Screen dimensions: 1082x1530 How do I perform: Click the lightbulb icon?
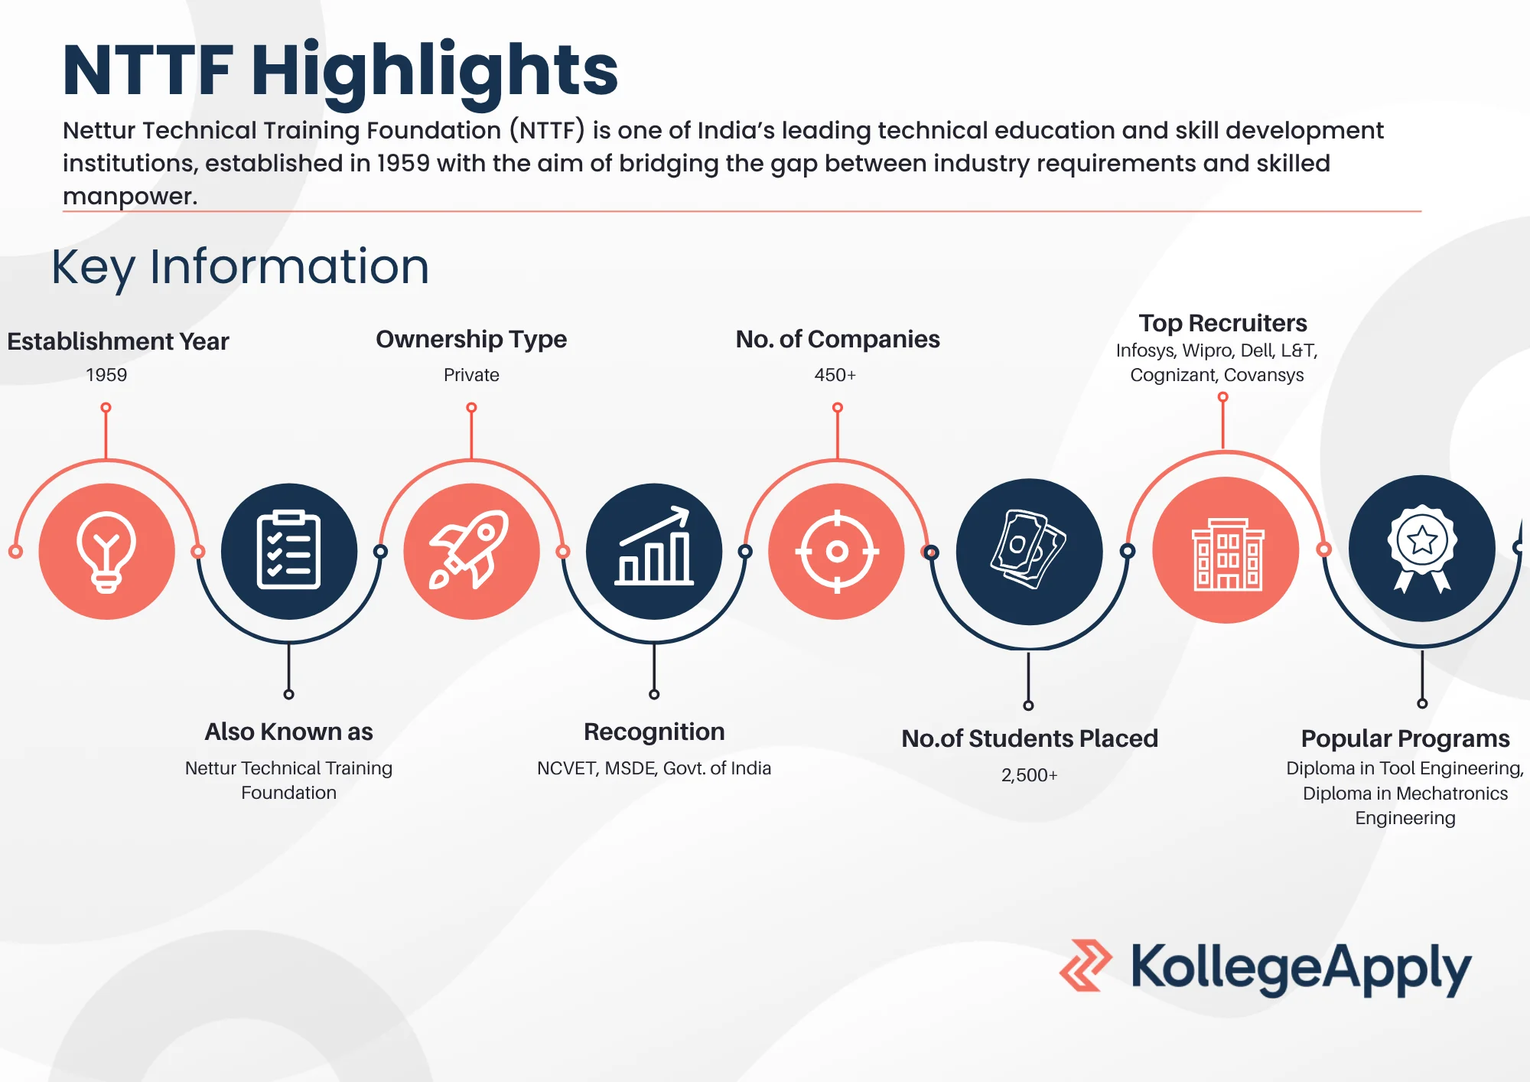pyautogui.click(x=106, y=551)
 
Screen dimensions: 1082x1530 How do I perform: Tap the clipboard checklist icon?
pyautogui.click(x=288, y=550)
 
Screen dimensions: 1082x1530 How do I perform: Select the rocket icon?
pyautogui.click(x=471, y=550)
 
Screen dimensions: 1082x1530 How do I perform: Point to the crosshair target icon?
pyautogui.click(x=837, y=551)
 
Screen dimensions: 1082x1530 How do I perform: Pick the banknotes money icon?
pyautogui.click(x=1029, y=550)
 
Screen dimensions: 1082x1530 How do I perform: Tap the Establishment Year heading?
pyautogui.click(x=118, y=341)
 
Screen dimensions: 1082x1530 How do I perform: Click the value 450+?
pyautogui.click(x=835, y=375)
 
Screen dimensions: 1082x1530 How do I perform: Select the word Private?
pyautogui.click(x=471, y=375)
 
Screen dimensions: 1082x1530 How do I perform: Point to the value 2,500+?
pyautogui.click(x=1029, y=775)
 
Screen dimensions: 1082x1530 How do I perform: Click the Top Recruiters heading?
pyautogui.click(x=1222, y=323)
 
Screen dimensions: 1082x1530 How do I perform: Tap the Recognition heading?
pyautogui.click(x=654, y=732)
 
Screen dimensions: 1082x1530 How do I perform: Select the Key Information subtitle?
pyautogui.click(x=240, y=267)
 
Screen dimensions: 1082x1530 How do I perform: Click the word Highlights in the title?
pyautogui.click(x=434, y=70)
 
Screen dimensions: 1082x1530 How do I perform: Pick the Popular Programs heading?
pyautogui.click(x=1405, y=738)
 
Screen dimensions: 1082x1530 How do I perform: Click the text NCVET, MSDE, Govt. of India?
pyautogui.click(x=654, y=768)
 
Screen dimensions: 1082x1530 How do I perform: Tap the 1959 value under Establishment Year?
pyautogui.click(x=106, y=375)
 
